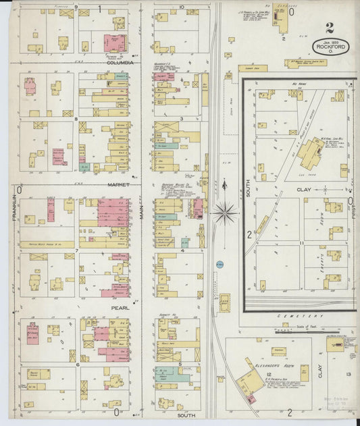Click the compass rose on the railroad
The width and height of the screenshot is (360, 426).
point(225,213)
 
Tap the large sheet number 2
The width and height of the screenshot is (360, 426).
point(329,28)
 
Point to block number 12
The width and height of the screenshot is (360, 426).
point(268,374)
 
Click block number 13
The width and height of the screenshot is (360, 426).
point(349,374)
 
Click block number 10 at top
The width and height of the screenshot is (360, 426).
point(182,7)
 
